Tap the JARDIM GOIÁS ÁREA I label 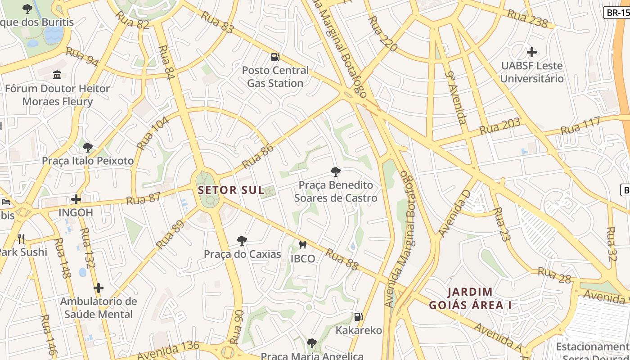[470, 298]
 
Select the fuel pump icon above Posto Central [275, 57]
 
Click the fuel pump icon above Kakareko [358, 317]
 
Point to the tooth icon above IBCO [302, 245]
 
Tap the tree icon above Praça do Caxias [242, 241]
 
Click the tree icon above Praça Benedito [335, 171]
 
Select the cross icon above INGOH [76, 199]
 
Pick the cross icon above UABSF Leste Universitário [532, 52]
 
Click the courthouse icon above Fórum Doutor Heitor [57, 75]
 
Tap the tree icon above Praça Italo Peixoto [88, 147]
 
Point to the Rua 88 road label [342, 260]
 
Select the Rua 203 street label [499, 126]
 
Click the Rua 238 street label [527, 18]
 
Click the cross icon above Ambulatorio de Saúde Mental [99, 288]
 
